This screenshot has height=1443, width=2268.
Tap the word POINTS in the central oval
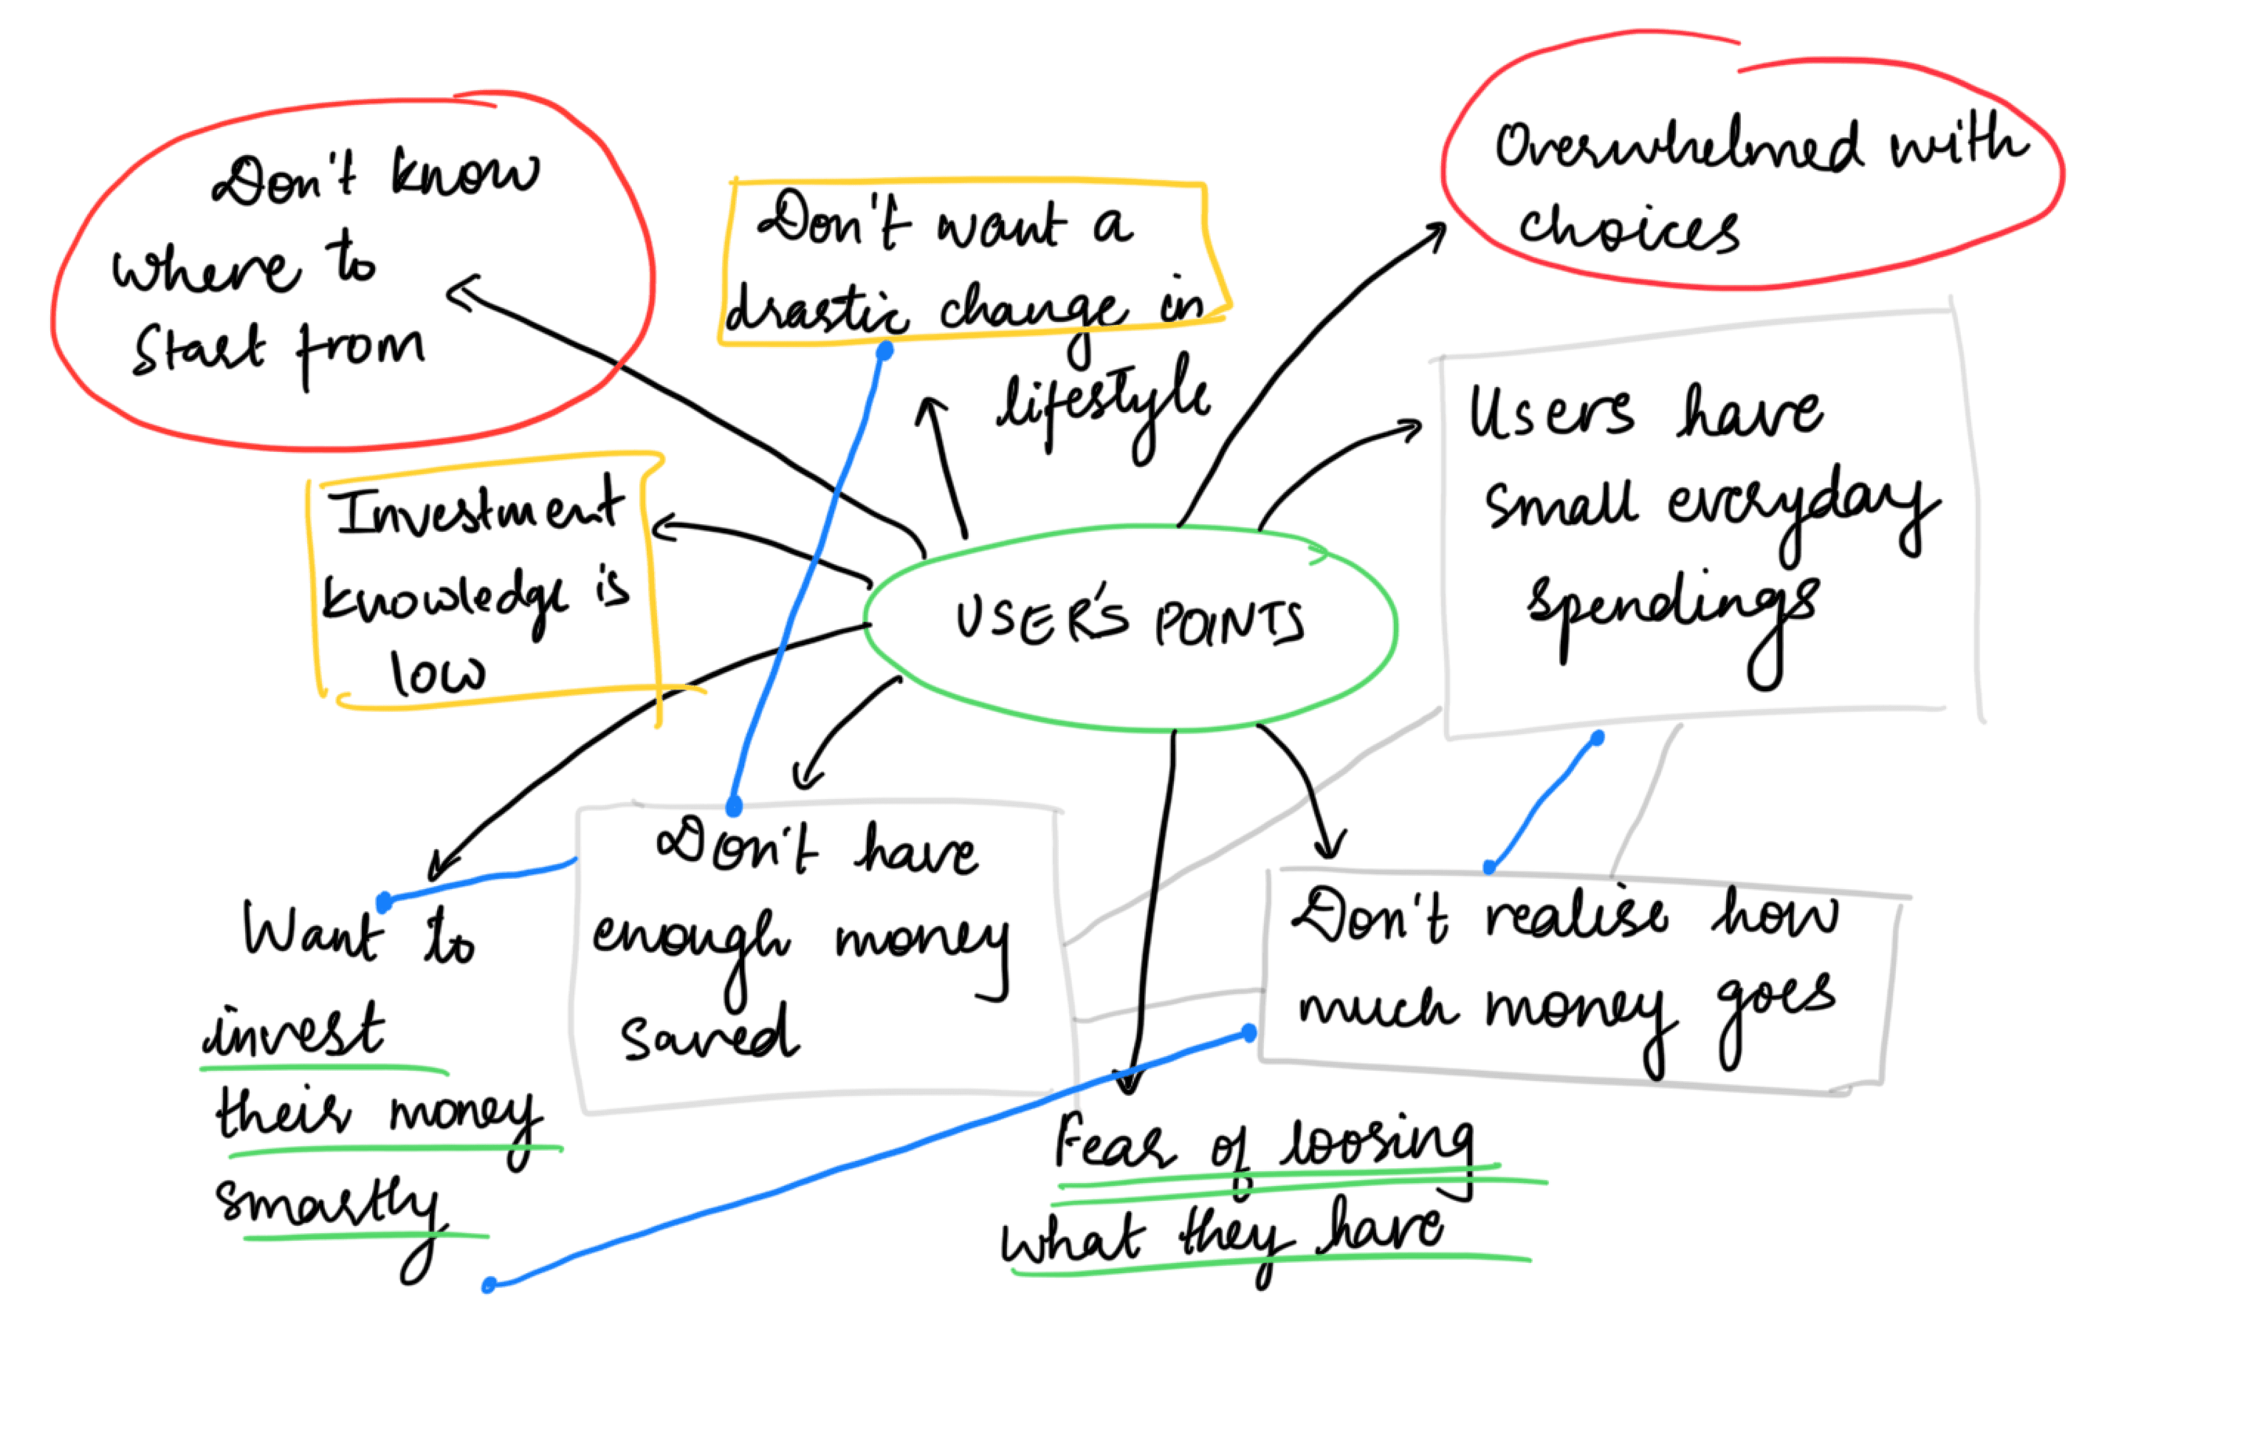[x=1229, y=623]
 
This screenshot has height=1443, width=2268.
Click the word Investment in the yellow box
[x=476, y=508]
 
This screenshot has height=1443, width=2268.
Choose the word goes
[x=1776, y=1002]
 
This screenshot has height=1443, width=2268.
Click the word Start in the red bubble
[x=198, y=350]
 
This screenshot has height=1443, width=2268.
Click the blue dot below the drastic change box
[x=884, y=351]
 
